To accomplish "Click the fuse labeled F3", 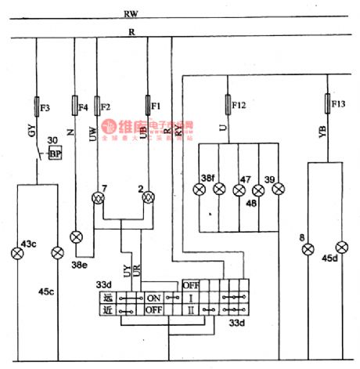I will [36, 105].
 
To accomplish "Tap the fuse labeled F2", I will [97, 105].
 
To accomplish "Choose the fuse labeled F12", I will [226, 103].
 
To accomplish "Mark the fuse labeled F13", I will [326, 103].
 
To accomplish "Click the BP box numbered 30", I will [55, 154].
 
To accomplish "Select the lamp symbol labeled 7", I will [99, 199].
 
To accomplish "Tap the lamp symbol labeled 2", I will [146, 199].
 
